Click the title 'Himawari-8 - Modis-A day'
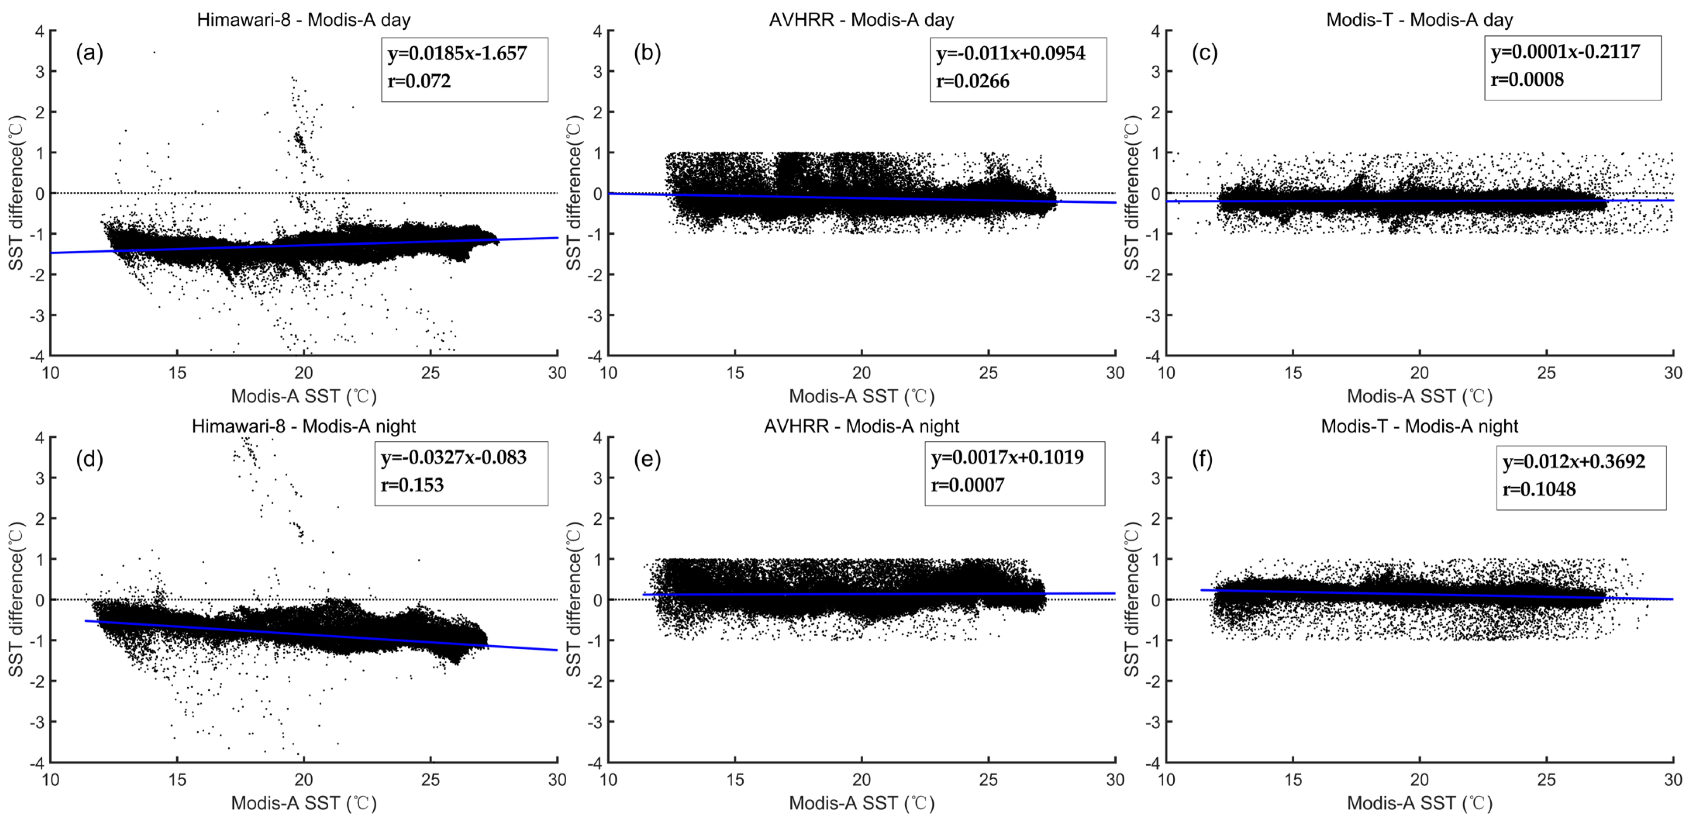[x=304, y=20]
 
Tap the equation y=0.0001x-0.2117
[x=1565, y=52]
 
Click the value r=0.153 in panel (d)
[x=412, y=485]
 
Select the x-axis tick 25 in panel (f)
[x=1546, y=780]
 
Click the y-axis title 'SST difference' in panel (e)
[x=574, y=599]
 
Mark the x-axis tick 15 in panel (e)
[x=735, y=780]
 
